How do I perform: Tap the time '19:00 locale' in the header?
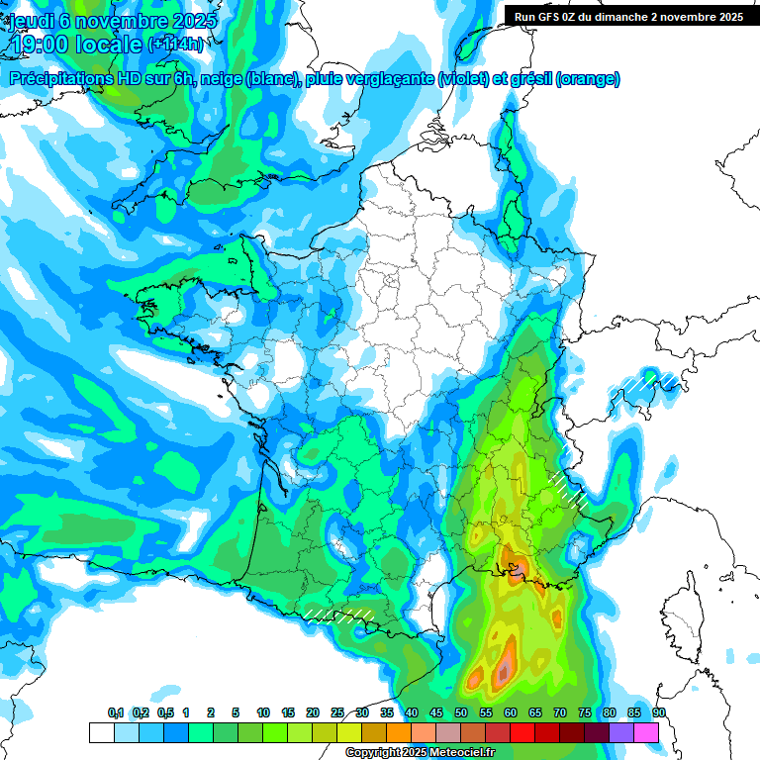point(75,45)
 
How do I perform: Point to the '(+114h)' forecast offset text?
point(175,45)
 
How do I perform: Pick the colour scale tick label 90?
point(659,713)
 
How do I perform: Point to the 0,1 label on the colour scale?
point(115,713)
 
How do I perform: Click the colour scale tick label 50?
point(461,713)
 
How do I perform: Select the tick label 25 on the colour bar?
point(337,713)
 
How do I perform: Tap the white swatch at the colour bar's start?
point(101,732)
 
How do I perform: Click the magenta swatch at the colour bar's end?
point(646,732)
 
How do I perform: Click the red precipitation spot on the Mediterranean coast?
point(516,571)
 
